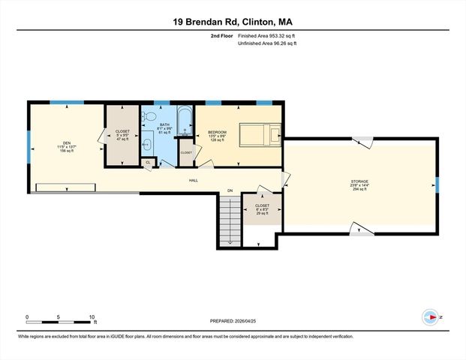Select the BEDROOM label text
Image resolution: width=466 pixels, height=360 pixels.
click(x=218, y=133)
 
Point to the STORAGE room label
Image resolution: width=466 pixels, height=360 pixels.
click(x=359, y=181)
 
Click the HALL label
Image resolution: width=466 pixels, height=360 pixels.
click(x=193, y=180)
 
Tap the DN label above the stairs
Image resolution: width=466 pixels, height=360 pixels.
click(x=230, y=190)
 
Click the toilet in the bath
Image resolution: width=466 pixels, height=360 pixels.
click(x=149, y=118)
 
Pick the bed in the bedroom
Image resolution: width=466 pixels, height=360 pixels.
click(x=260, y=136)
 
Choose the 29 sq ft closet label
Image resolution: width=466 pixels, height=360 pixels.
click(x=262, y=209)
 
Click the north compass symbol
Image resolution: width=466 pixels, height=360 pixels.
click(x=431, y=316)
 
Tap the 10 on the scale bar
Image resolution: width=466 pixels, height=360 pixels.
click(x=92, y=317)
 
